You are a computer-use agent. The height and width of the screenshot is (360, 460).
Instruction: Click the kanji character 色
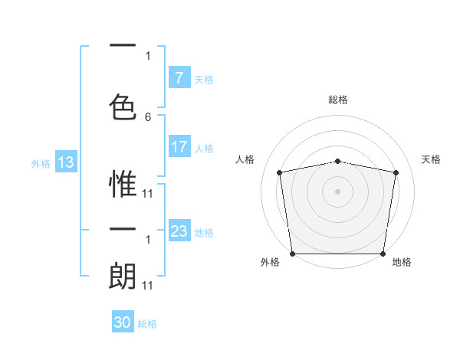[123, 103]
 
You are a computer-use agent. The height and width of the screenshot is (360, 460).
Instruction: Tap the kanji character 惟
[123, 184]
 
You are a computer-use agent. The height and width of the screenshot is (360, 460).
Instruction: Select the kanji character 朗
[123, 276]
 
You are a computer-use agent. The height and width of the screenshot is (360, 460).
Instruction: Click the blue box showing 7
[179, 77]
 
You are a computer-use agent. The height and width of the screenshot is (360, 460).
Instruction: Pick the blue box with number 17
[179, 147]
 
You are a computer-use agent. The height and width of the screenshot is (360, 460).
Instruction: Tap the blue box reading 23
[179, 231]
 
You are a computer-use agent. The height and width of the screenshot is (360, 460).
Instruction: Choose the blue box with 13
[65, 162]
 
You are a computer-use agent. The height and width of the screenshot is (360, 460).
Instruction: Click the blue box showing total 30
[122, 322]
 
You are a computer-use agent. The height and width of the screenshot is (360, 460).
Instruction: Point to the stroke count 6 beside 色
[148, 117]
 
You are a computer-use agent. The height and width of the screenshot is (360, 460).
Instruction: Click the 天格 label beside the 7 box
[204, 79]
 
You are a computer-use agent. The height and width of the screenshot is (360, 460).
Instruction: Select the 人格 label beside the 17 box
[204, 149]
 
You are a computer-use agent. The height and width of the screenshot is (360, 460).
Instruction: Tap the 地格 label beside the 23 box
[204, 232]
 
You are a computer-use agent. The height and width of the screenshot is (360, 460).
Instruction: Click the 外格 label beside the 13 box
[41, 163]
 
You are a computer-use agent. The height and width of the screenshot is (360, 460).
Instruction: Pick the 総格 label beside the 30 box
[147, 324]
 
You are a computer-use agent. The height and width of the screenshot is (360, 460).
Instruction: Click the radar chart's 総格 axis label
[338, 100]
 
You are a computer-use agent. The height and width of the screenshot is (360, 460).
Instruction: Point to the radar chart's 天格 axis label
[432, 159]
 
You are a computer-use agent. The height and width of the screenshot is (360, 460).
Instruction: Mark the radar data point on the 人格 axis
[280, 172]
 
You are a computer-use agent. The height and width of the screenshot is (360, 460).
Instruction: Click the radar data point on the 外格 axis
[292, 254]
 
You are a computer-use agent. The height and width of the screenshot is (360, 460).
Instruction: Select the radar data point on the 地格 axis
[383, 254]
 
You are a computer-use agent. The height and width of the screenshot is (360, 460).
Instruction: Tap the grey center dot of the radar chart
[338, 191]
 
